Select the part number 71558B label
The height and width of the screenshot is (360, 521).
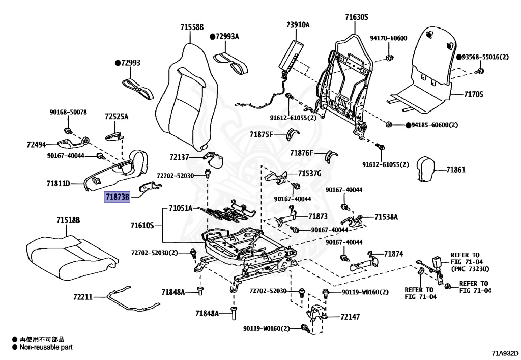[x=191, y=26]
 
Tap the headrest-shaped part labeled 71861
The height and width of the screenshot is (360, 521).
[x=425, y=169]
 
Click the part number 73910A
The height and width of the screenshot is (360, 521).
[x=298, y=25]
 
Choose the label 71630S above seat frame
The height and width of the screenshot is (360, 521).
[x=356, y=17]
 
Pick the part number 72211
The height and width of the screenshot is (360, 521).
[x=82, y=296]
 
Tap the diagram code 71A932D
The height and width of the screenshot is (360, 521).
[x=505, y=353]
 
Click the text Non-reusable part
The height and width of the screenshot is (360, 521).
[x=46, y=347]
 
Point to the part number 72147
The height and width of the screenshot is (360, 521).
[x=350, y=317]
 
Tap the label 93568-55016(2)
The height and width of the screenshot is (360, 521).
[x=485, y=57]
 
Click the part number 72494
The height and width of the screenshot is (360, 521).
[x=37, y=145]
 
